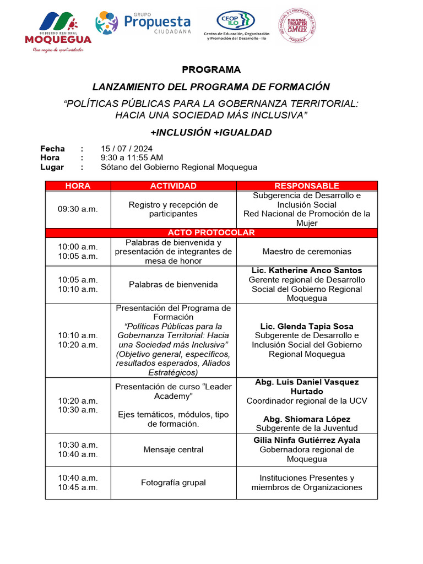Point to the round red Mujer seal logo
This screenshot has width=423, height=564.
click(x=297, y=26)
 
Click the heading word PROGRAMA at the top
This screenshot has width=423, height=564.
click(x=211, y=70)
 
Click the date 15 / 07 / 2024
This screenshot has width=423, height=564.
click(x=127, y=149)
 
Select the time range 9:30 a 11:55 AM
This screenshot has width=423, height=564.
click(x=132, y=158)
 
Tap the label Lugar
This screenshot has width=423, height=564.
click(x=52, y=167)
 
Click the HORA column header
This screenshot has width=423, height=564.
click(x=78, y=186)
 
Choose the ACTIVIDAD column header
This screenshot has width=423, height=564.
click(x=173, y=186)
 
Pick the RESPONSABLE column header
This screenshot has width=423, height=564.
click(x=307, y=186)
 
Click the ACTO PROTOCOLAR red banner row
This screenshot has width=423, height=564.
click(x=211, y=233)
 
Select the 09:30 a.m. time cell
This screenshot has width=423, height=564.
click(x=78, y=209)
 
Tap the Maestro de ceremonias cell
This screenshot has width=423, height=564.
click(x=307, y=252)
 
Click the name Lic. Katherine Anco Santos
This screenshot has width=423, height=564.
click(x=307, y=270)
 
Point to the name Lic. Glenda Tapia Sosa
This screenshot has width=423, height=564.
click(x=307, y=327)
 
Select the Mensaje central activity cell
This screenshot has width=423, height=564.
click(x=173, y=450)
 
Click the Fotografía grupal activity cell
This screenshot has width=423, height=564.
click(x=173, y=483)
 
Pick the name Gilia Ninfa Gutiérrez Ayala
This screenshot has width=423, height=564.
click(x=307, y=441)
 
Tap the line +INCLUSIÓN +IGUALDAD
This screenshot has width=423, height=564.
click(x=211, y=133)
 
